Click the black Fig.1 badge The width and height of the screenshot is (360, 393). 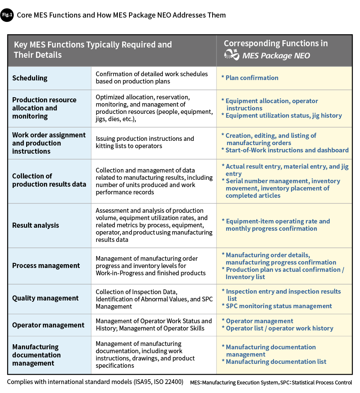point(7,15)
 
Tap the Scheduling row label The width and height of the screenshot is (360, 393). point(30,78)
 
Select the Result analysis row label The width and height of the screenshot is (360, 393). point(36,225)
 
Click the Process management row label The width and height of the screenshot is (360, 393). point(46,265)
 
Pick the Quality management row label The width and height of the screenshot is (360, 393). point(45,298)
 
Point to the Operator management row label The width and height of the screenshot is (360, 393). point(48,325)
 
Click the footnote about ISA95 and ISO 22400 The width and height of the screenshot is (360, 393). point(95,382)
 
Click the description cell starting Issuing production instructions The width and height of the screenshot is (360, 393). point(145,142)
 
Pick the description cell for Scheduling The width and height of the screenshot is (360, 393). point(152,77)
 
